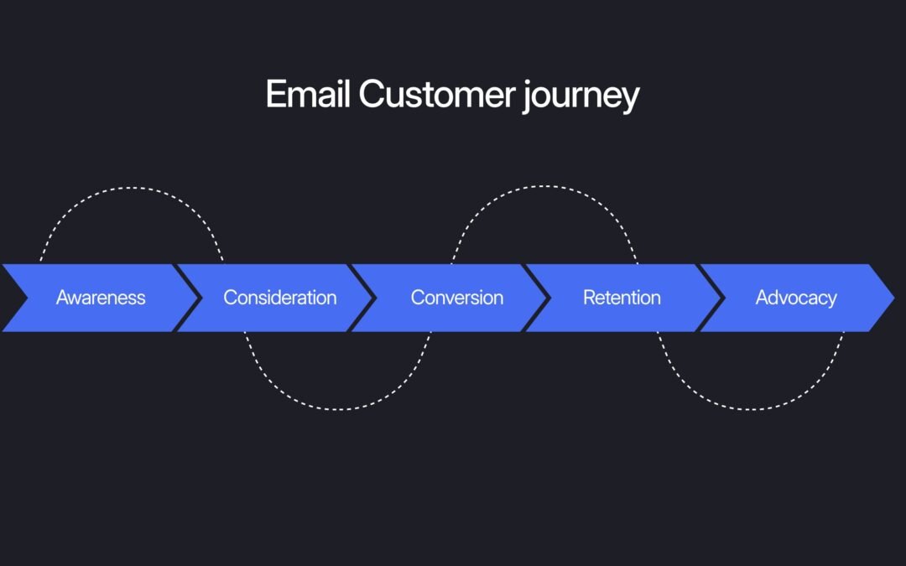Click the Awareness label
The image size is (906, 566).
pyautogui.click(x=101, y=298)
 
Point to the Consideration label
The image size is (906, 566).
pyautogui.click(x=279, y=298)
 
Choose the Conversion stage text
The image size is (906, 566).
pyautogui.click(x=456, y=298)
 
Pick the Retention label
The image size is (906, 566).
pyautogui.click(x=622, y=298)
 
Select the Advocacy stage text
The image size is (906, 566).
pyautogui.click(x=796, y=298)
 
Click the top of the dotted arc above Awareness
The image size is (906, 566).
pyautogui.click(x=132, y=188)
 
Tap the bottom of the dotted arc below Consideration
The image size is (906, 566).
pyautogui.click(x=337, y=409)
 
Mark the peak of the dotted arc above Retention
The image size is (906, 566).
pyautogui.click(x=544, y=187)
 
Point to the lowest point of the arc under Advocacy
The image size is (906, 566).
pyautogui.click(x=750, y=409)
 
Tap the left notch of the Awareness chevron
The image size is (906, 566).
pyautogui.click(x=25, y=298)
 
